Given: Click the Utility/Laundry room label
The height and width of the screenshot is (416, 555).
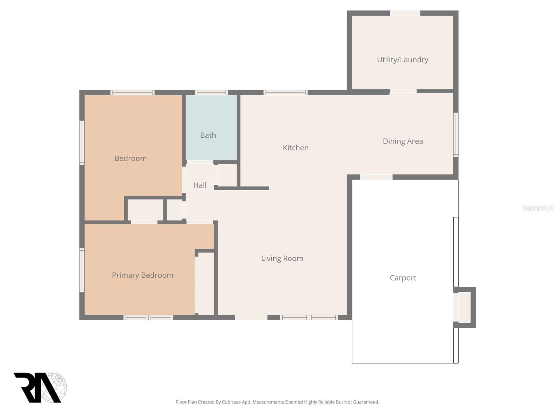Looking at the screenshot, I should click(402, 60).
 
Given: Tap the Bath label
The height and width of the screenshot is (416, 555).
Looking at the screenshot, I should click(208, 135).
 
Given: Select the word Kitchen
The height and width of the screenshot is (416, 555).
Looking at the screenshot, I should click(296, 148).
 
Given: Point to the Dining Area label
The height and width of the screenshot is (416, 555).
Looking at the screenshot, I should click(403, 141).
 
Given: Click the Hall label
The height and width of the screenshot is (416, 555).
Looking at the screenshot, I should click(200, 185).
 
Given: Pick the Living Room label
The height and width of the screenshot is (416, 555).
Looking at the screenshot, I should click(282, 258).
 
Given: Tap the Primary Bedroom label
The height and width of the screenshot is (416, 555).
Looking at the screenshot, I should click(142, 275).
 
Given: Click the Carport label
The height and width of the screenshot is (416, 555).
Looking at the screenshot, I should click(403, 278).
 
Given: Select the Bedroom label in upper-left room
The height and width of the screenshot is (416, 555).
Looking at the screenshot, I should click(130, 158).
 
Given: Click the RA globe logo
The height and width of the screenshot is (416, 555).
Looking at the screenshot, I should click(40, 387).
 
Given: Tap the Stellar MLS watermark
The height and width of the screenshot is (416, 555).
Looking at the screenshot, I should click(537, 208).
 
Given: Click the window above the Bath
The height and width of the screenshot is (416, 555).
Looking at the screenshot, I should click(211, 93).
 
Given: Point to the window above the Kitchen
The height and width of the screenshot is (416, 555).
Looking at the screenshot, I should click(285, 93).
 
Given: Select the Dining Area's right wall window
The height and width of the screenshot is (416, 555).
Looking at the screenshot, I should click(456, 135).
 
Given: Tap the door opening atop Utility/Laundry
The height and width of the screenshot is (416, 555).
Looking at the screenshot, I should click(405, 13).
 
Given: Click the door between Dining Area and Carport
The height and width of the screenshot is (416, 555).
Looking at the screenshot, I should click(376, 177).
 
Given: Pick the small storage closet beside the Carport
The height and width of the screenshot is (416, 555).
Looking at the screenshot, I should click(464, 307).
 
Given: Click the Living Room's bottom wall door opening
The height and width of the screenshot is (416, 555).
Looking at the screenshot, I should click(251, 317).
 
